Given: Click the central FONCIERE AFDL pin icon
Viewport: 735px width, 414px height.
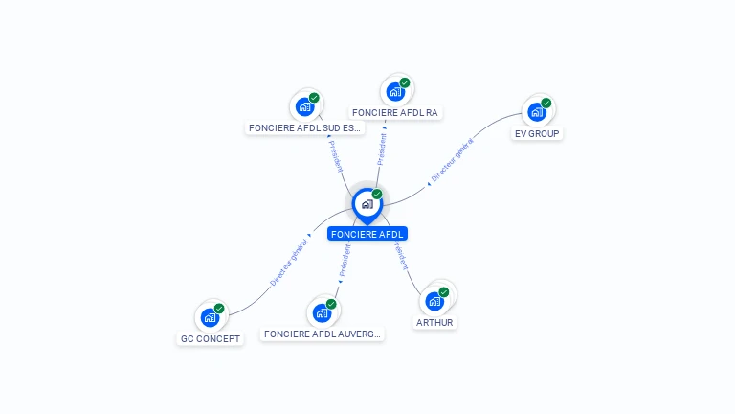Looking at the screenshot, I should coord(367,203).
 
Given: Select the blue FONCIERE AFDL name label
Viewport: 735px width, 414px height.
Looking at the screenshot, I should coord(367,234).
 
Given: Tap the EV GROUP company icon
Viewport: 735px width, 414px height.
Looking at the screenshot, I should coord(537,111).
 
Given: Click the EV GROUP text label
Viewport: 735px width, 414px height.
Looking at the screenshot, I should coord(537,134).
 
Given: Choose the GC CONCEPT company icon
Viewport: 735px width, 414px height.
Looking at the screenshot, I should coord(211,317).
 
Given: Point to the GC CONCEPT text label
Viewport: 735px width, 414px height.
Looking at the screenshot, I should coord(211,339).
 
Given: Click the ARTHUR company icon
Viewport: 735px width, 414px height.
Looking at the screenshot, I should coord(434,301).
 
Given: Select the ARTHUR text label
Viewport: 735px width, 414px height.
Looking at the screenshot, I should coord(434,323).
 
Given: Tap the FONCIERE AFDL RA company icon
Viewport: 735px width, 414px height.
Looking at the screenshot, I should coord(395,92).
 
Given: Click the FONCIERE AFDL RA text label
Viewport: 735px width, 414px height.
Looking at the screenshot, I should coord(395,113).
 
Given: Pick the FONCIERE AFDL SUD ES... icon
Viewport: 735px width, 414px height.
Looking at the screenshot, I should coord(304,106).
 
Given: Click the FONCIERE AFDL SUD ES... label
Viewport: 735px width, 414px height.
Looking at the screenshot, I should coord(305,127).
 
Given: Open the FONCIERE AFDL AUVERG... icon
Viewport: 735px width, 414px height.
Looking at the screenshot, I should coord(322,312).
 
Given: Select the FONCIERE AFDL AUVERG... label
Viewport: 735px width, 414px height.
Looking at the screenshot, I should coord(323,334).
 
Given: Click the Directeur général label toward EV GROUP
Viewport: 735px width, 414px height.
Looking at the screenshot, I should coord(452,161).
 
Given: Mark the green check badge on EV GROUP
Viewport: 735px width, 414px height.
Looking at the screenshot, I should coord(546,103).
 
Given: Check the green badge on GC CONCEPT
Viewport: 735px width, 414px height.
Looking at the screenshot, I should coord(219,309).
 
